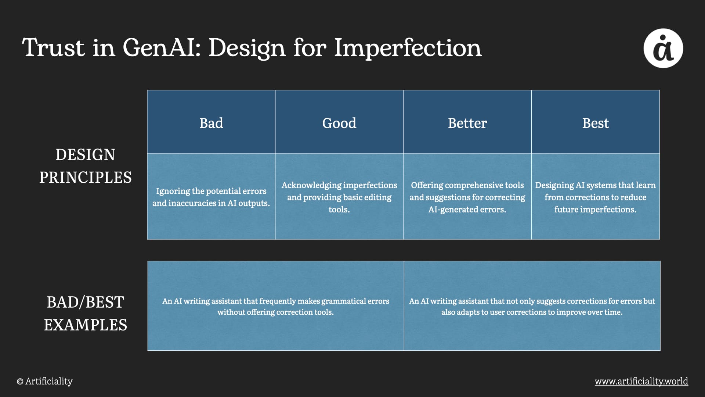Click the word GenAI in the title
coord(162,48)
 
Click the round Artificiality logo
coord(663,48)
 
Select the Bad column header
coord(211,123)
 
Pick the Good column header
coord(339,123)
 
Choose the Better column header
coord(467,123)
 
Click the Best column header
coord(596,123)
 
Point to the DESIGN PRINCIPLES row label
coord(86,166)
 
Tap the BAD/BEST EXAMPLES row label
coord(86,314)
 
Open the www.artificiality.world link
coord(641,381)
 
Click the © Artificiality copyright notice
coord(45,381)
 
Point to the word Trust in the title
coord(53,48)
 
